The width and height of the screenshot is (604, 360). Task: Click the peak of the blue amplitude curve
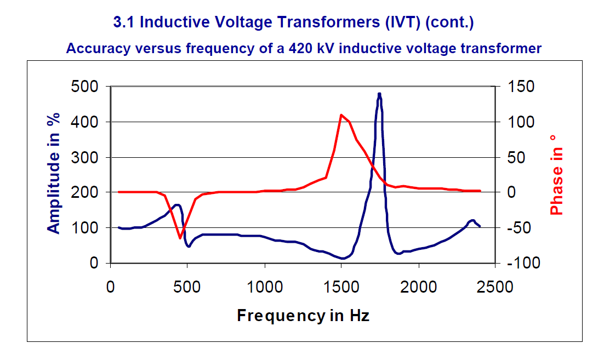[x=379, y=94]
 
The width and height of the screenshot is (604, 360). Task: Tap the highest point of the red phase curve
[x=341, y=115]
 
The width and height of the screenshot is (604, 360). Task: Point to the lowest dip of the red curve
[x=180, y=238]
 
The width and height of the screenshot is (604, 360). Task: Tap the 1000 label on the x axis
[x=265, y=287]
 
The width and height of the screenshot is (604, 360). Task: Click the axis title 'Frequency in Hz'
[x=303, y=316]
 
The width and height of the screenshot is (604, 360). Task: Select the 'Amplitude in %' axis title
[x=54, y=174]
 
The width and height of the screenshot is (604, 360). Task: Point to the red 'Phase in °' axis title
[x=556, y=174]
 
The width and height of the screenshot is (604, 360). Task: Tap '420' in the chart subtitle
[x=295, y=48]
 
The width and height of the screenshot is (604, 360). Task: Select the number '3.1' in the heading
[x=123, y=23]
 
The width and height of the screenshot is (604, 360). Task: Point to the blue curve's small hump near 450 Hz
[x=177, y=205]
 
